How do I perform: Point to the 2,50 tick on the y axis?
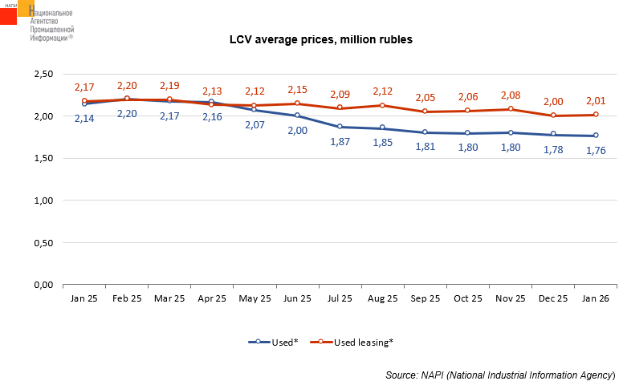click(42, 75)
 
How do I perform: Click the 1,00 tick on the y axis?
click(42, 201)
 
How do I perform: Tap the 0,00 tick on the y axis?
click(42, 285)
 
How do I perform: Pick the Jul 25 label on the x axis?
click(340, 298)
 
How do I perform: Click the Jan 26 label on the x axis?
click(596, 298)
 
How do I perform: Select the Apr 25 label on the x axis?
click(212, 298)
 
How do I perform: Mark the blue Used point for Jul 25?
click(340, 127)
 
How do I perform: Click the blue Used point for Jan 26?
click(596, 136)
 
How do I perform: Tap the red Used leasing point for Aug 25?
click(383, 105)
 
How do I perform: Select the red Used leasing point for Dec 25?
click(553, 116)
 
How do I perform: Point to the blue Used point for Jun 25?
click(298, 116)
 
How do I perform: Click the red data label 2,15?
click(298, 89)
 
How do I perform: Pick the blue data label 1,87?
click(340, 141)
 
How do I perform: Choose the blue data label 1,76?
click(596, 151)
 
